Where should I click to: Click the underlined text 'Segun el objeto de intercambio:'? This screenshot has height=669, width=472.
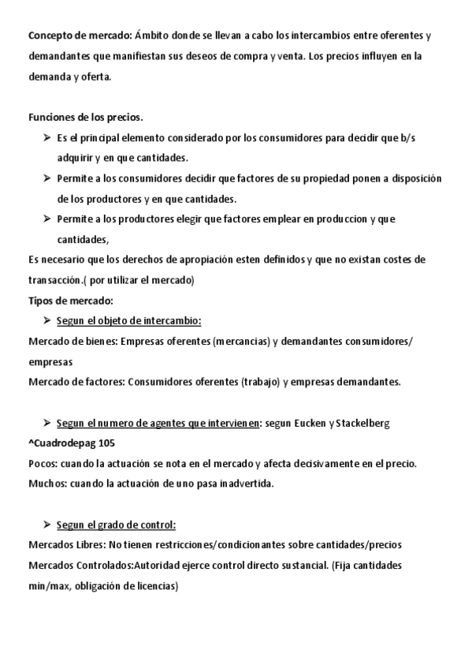pos(129,320)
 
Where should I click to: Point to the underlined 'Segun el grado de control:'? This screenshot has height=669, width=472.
pos(117,525)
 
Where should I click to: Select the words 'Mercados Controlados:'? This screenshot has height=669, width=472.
pos(80,566)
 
